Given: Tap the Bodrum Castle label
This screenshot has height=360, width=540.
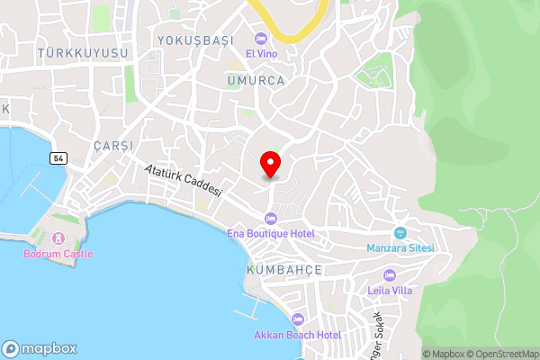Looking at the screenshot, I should pyautogui.click(x=57, y=253).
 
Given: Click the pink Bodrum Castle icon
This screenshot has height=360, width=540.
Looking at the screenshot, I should pyautogui.click(x=57, y=238).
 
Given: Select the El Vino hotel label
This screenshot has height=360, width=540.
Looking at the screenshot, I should pyautogui.click(x=261, y=52).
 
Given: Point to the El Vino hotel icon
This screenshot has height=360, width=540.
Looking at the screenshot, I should pyautogui.click(x=261, y=39).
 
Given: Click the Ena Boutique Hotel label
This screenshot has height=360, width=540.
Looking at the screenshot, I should pyautogui.click(x=270, y=233).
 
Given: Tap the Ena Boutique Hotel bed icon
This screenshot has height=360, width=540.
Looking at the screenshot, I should pyautogui.click(x=270, y=218).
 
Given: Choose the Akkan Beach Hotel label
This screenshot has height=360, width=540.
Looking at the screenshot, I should pyautogui.click(x=297, y=335).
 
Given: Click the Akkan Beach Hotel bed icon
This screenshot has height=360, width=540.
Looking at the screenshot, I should pyautogui.click(x=297, y=319).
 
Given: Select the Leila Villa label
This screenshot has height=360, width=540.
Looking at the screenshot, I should pyautogui.click(x=390, y=290).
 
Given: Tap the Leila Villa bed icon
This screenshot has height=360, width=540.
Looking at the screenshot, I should pyautogui.click(x=390, y=274).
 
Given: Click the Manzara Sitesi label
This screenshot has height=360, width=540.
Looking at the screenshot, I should pyautogui.click(x=400, y=247).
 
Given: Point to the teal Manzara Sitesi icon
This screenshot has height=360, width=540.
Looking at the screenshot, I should pyautogui.click(x=400, y=232).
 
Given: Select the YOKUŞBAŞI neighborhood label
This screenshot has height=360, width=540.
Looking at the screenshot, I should pyautogui.click(x=195, y=40).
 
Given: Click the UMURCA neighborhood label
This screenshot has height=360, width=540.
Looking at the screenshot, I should pyautogui.click(x=256, y=80).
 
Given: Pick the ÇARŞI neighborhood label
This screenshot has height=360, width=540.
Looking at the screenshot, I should pyautogui.click(x=113, y=146).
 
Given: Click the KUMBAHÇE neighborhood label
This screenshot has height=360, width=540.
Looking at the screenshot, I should pyautogui.click(x=284, y=270).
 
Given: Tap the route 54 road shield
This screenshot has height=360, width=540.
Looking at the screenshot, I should pyautogui.click(x=58, y=158).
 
